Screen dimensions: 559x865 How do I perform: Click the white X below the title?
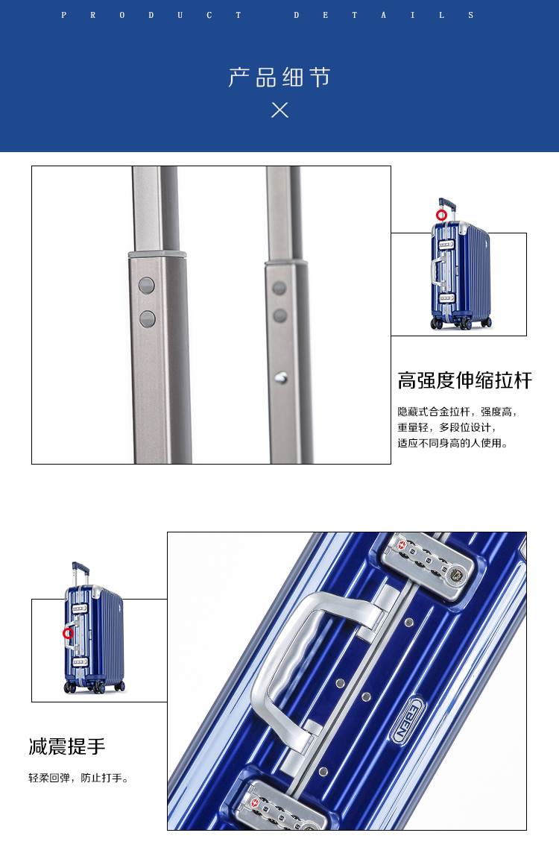point(279,110)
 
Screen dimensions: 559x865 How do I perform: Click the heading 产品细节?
point(279,78)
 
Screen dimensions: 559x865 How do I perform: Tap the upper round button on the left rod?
point(147,286)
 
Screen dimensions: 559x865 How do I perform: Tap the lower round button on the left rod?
point(147,319)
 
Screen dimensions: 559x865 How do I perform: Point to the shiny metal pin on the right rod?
point(281,378)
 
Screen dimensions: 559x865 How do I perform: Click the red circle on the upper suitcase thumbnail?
point(441,216)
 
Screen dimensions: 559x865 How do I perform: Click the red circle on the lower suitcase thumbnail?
point(68,633)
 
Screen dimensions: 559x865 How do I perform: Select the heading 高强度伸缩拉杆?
point(465,380)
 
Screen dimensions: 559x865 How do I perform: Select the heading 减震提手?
point(66,746)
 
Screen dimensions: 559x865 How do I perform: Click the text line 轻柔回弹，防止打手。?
point(78,778)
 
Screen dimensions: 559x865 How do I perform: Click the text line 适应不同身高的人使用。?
point(452,443)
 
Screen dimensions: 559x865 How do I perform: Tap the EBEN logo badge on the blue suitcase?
point(408,720)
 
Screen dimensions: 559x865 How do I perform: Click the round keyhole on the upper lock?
point(456,576)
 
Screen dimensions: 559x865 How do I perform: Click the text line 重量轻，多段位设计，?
point(447,427)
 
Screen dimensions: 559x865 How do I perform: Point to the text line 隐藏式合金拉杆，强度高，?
point(457,412)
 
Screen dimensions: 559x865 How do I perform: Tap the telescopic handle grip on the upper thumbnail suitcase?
point(447,203)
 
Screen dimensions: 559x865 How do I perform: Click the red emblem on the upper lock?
point(402,545)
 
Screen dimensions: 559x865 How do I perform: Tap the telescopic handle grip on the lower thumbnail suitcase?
point(80,567)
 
